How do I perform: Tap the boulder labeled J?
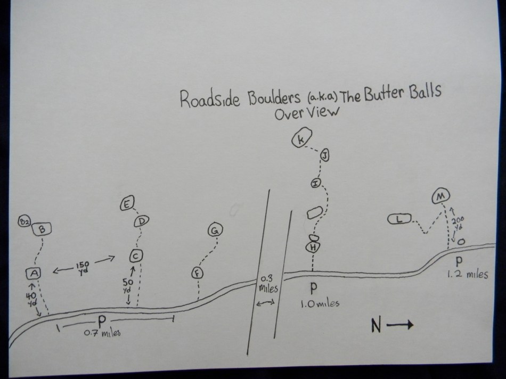click(x=325, y=155)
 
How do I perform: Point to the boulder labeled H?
click(x=312, y=247)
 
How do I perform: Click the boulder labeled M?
click(x=440, y=197)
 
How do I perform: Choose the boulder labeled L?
click(x=403, y=218)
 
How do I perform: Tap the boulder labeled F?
click(x=197, y=273)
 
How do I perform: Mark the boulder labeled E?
click(x=128, y=205)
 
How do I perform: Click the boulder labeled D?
click(x=141, y=222)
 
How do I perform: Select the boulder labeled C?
click(x=136, y=256)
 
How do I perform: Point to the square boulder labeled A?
click(x=33, y=273)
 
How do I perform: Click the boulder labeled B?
click(x=42, y=229)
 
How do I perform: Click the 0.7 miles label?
click(x=103, y=334)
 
